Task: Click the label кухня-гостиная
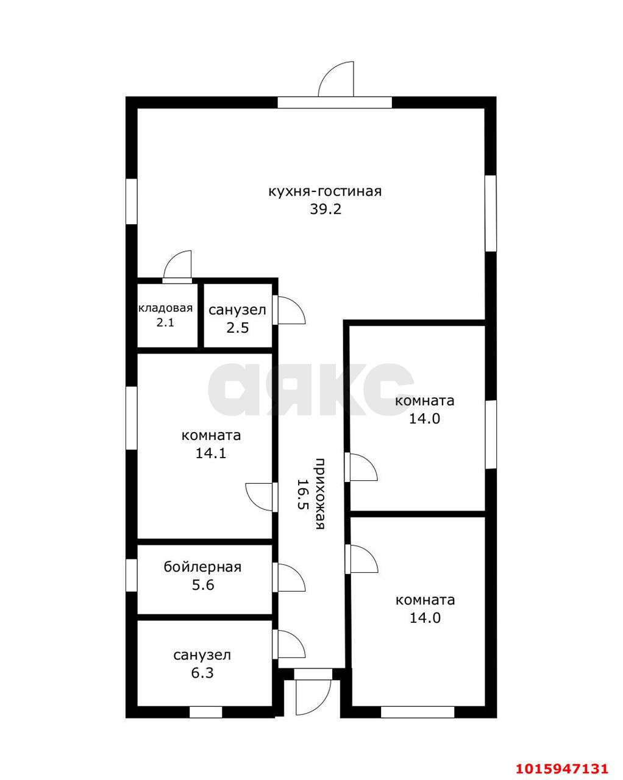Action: (x=325, y=191)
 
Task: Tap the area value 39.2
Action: (x=326, y=209)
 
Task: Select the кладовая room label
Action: (x=165, y=308)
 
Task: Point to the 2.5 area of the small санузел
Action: (x=238, y=328)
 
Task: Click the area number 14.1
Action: (x=211, y=453)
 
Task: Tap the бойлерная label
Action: (x=202, y=567)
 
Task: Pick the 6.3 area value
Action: (x=202, y=673)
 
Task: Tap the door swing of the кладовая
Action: (x=177, y=266)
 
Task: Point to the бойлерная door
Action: (x=289, y=576)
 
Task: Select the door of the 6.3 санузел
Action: (x=289, y=644)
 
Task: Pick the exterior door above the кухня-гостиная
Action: (x=336, y=79)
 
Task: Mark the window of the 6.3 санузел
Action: (x=205, y=712)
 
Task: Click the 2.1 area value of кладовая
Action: (x=165, y=322)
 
